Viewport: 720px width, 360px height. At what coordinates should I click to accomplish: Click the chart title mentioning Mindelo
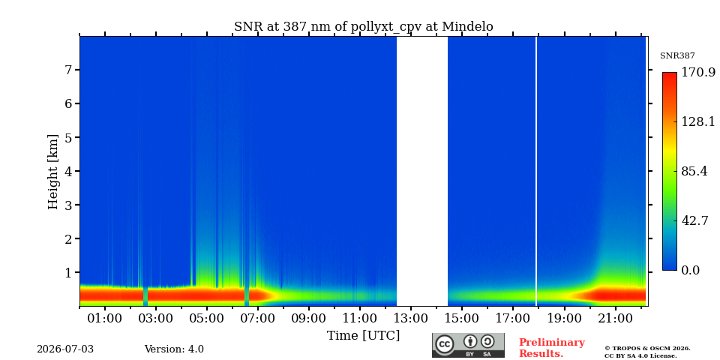point(364,27)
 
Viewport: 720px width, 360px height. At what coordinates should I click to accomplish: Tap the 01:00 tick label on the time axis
point(105,317)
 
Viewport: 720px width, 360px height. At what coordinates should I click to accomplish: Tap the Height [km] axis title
point(53,172)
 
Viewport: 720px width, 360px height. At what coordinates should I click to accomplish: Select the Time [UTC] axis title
point(363,336)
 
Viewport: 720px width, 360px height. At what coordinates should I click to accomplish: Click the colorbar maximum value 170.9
point(698,73)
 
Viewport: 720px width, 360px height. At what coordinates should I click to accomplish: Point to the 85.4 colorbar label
point(694,171)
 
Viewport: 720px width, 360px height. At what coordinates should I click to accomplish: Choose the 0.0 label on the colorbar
point(690,271)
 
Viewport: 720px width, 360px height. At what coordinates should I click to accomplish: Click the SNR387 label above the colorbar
point(677,56)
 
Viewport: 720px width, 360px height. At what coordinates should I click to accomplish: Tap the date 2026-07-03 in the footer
point(65,349)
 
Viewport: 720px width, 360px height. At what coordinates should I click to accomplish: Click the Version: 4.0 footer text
point(174,349)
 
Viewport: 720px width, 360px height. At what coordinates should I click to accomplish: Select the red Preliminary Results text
point(552,348)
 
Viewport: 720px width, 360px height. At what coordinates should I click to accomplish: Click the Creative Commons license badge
point(468,345)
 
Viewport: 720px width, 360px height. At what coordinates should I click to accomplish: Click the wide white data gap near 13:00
point(422,171)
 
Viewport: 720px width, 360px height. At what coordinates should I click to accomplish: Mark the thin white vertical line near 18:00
point(535,171)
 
